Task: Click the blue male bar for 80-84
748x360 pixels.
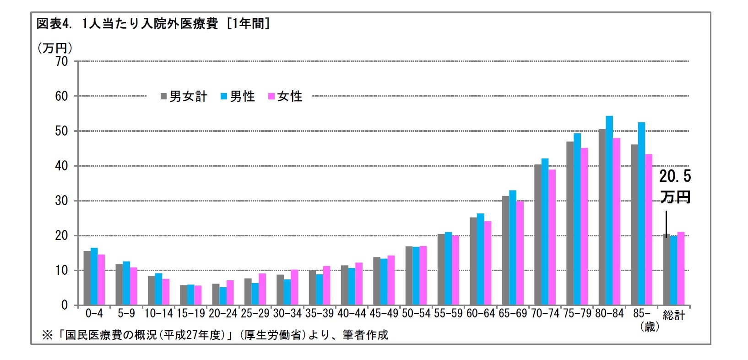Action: click(609, 211)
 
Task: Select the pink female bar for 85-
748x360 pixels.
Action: click(649, 229)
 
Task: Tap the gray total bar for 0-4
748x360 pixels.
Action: click(87, 278)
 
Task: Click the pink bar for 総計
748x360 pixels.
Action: click(681, 268)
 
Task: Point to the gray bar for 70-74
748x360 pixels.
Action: click(537, 235)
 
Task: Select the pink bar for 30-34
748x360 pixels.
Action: click(294, 287)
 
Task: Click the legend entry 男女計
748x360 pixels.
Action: click(184, 97)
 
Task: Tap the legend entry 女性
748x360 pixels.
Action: click(286, 97)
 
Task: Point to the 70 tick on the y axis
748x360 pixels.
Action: click(61, 61)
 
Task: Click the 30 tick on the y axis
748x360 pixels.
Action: click(61, 201)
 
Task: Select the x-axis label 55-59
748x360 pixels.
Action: click(448, 314)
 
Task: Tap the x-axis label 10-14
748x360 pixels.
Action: click(158, 314)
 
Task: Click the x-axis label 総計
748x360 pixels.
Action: click(674, 315)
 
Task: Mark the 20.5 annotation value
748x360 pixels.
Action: click(675, 176)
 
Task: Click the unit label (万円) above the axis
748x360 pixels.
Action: click(54, 48)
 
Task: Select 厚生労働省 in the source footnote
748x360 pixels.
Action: click(275, 335)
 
